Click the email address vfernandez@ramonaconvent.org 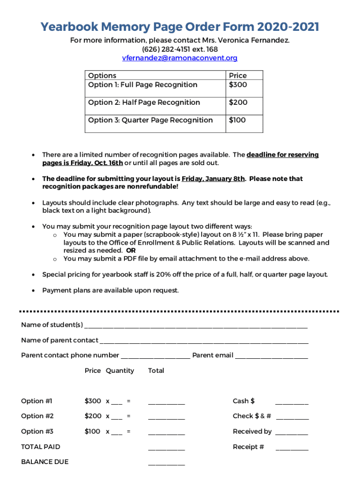click(x=180, y=58)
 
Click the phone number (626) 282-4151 click(x=167, y=49)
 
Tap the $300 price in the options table click(x=238, y=85)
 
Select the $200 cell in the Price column click(x=238, y=102)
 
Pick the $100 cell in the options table click(x=237, y=120)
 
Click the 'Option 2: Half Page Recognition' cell click(x=144, y=102)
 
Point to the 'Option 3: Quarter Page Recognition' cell click(x=150, y=120)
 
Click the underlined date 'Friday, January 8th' click(x=213, y=179)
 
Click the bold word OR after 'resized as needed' click(x=131, y=250)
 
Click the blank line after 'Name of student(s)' click(x=196, y=326)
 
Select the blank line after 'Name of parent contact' click(x=204, y=341)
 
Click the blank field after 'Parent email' click(x=271, y=356)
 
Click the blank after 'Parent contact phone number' click(x=155, y=356)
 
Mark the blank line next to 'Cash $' click(x=292, y=402)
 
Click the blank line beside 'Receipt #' click(x=292, y=448)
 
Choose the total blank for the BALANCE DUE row click(x=166, y=463)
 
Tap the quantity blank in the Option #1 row click(x=117, y=402)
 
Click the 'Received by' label click(x=252, y=431)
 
